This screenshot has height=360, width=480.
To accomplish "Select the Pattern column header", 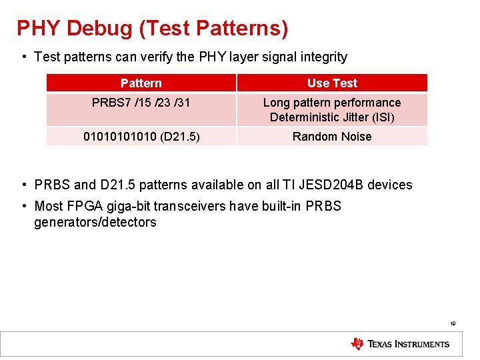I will tap(141, 83).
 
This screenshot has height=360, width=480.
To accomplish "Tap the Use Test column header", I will tap(332, 83).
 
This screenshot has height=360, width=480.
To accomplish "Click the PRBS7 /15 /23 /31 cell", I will tap(141, 103).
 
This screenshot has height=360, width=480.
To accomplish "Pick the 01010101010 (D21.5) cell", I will tap(141, 137).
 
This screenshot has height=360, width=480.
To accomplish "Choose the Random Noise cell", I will tap(332, 137).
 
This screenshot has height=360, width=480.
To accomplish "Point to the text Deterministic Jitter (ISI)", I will tap(332, 118).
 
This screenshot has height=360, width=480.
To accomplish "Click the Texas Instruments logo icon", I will tap(357, 344).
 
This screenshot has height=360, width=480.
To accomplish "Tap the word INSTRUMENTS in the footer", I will tap(422, 344).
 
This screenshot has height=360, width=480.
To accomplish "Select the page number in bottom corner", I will tap(453, 323).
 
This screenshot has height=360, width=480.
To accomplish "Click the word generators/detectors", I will tap(95, 223).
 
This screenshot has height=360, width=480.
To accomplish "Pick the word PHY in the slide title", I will tap(38, 29).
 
